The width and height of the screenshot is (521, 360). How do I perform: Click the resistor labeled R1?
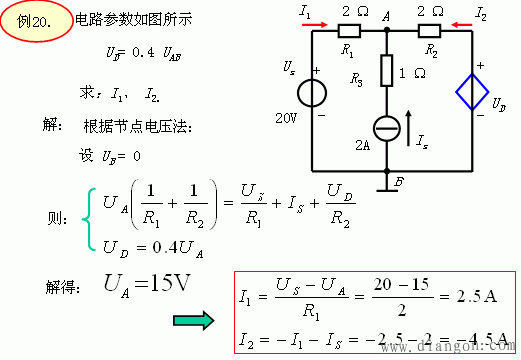(x=349, y=30)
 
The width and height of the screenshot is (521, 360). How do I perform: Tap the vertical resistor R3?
(x=385, y=72)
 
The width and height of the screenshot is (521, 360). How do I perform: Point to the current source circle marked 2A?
(x=385, y=129)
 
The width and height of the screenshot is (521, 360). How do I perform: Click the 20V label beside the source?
(x=288, y=117)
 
